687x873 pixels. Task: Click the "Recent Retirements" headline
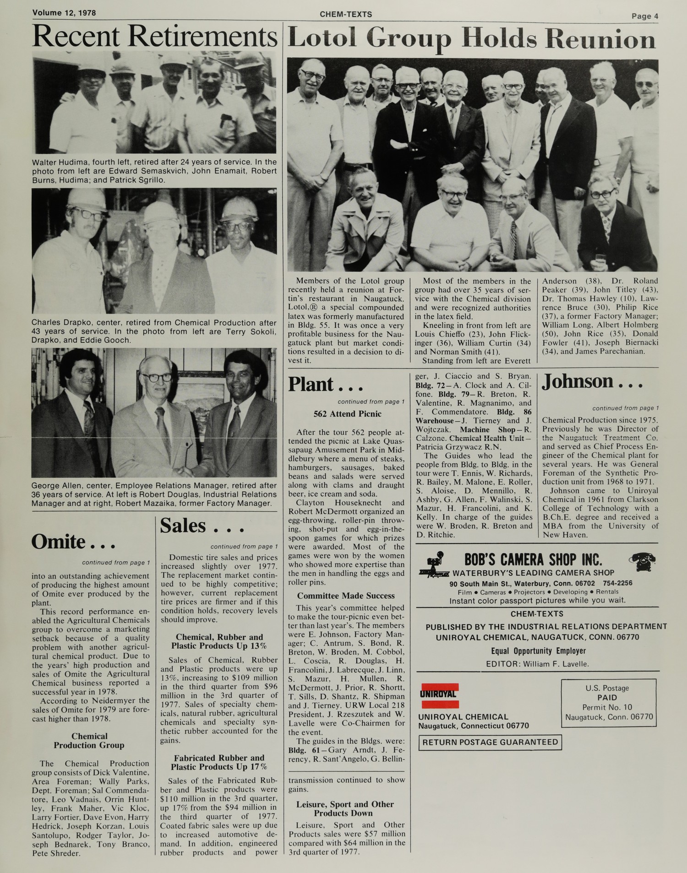pyautogui.click(x=155, y=37)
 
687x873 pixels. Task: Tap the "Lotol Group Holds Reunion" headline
pyautogui.click(x=472, y=39)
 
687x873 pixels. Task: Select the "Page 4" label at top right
pyautogui.click(x=645, y=16)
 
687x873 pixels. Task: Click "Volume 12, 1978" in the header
pyautogui.click(x=64, y=13)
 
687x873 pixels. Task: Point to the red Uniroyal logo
pyautogui.click(x=439, y=696)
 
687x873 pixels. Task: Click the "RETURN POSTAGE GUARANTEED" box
pyautogui.click(x=490, y=742)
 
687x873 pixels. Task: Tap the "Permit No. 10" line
pyautogui.click(x=607, y=707)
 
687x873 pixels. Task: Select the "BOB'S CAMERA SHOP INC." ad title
pyautogui.click(x=533, y=559)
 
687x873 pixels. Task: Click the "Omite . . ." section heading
pyautogui.click(x=73, y=542)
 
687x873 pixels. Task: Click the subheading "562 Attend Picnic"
pyautogui.click(x=347, y=414)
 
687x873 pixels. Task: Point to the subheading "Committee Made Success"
pyautogui.click(x=346, y=596)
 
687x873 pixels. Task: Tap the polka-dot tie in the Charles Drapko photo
pyautogui.click(x=162, y=275)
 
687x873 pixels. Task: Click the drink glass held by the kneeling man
pyautogui.click(x=600, y=260)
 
